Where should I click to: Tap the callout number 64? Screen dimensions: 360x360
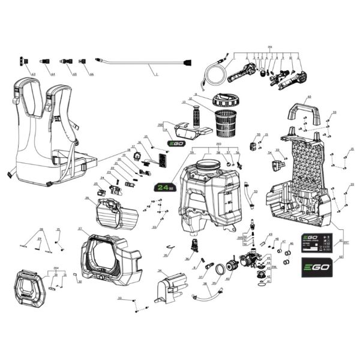coord(53,74)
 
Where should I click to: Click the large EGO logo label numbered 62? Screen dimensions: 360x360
coord(314,266)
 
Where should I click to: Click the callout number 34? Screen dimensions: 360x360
coord(160,272)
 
